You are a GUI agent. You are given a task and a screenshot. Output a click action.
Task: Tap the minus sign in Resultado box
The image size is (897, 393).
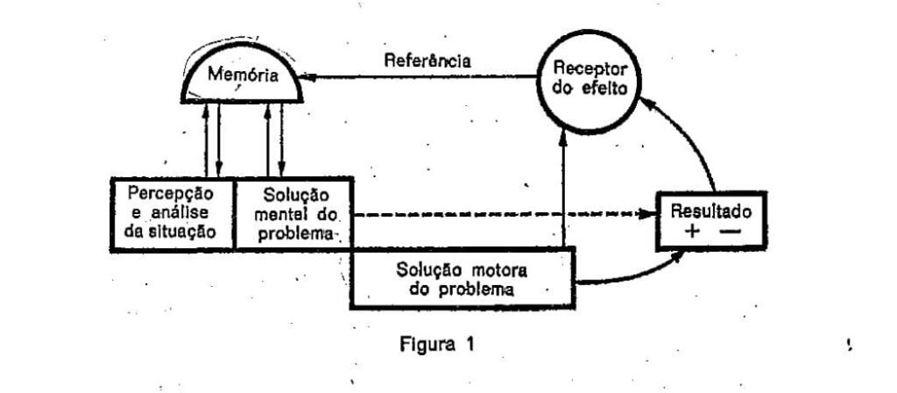[x=731, y=231]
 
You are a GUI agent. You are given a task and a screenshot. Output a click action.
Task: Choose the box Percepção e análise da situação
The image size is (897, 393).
[x=173, y=214]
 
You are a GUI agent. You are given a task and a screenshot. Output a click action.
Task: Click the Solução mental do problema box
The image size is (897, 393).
[x=293, y=214]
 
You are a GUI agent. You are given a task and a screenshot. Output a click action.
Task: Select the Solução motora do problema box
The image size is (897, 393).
[x=463, y=277]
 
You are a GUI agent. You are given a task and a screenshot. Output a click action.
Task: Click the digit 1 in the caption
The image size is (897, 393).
[x=470, y=343]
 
